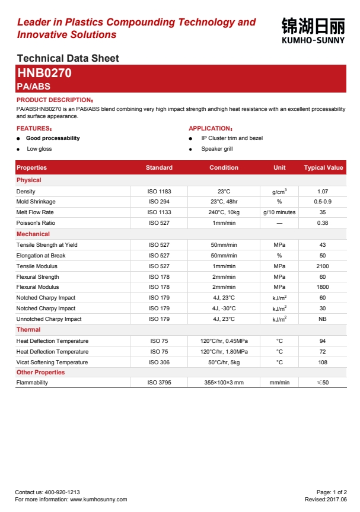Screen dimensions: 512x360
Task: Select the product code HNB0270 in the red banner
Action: coord(44,74)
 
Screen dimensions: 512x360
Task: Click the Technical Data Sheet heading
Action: coord(68,58)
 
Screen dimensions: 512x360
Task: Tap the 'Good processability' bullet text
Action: coord(53,138)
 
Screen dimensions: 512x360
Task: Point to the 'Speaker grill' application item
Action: coord(217,149)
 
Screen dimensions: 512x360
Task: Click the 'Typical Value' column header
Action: coord(323,168)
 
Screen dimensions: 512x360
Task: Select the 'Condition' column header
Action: coord(224,168)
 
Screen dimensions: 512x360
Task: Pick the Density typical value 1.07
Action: coord(323,192)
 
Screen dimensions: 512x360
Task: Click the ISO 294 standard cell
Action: coord(159,202)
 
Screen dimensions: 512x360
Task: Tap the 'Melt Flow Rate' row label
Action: coord(35,212)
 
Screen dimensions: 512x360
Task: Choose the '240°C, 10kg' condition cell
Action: coord(224,212)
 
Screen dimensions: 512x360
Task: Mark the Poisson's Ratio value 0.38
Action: coord(323,223)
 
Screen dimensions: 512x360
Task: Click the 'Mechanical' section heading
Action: coord(33,234)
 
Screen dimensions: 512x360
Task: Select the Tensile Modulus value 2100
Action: coord(323,266)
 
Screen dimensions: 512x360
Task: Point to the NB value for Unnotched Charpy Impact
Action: coord(323,319)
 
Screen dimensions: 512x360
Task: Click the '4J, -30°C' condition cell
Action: coord(224,309)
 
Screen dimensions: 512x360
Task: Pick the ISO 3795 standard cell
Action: coord(159,383)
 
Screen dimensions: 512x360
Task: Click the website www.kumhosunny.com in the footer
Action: coord(98,500)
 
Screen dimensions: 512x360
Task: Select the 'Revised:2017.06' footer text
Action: coord(326,500)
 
